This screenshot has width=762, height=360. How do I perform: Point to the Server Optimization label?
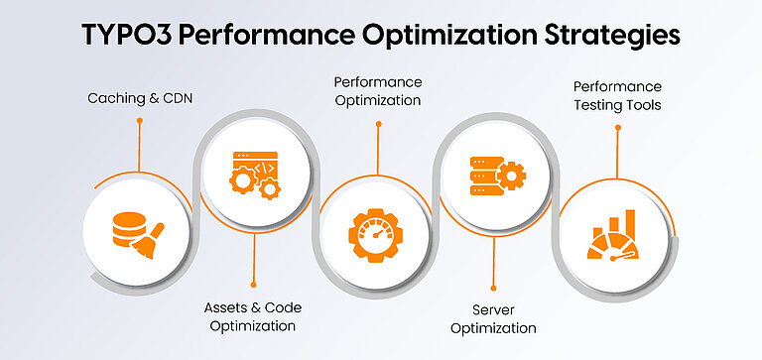pyautogui.click(x=493, y=318)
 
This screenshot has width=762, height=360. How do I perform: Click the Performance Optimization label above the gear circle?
pyautogui.click(x=377, y=90)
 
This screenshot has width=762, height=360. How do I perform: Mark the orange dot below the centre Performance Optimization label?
pyautogui.click(x=377, y=124)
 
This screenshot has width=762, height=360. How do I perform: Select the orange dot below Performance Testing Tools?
pyautogui.click(x=617, y=127)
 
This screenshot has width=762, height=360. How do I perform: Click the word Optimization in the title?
pyautogui.click(x=431, y=34)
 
